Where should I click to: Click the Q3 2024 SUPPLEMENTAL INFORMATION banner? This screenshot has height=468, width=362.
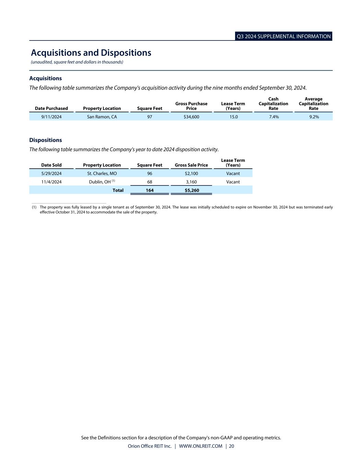pyautogui.click(x=283, y=36)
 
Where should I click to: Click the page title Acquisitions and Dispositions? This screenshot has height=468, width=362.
pyautogui.click(x=91, y=53)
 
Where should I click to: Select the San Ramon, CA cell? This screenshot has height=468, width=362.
pyautogui.click(x=102, y=117)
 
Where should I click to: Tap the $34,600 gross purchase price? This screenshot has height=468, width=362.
pyautogui.click(x=191, y=117)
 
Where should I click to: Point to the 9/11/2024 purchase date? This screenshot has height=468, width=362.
pyautogui.click(x=51, y=117)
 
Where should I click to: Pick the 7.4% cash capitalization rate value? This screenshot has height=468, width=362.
pyautogui.click(x=273, y=117)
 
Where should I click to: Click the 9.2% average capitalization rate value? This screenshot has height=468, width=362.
pyautogui.click(x=314, y=117)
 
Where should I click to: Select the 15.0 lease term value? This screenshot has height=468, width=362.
pyautogui.click(x=233, y=117)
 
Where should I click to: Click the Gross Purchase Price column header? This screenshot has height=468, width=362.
pyautogui.click(x=191, y=106)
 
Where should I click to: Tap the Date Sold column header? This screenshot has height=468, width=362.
pyautogui.click(x=51, y=165)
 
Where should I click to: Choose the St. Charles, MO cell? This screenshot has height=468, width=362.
pyautogui.click(x=102, y=173)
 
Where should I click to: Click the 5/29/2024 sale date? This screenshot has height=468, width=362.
pyautogui.click(x=51, y=173)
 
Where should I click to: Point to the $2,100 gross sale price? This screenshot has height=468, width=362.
pyautogui.click(x=191, y=173)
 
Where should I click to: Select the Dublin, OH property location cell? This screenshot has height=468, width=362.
pyautogui.click(x=100, y=182)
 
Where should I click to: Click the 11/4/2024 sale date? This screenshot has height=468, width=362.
pyautogui.click(x=51, y=182)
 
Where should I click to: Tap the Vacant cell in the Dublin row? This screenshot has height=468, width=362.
pyautogui.click(x=233, y=182)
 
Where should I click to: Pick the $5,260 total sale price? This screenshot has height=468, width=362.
pyautogui.click(x=192, y=190)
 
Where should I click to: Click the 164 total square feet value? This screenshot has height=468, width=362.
pyautogui.click(x=150, y=190)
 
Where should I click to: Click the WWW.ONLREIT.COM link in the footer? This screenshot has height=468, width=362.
pyautogui.click(x=200, y=446)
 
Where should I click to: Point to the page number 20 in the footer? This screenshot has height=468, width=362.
pyautogui.click(x=232, y=446)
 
